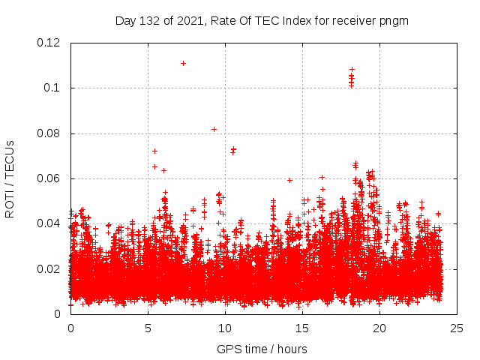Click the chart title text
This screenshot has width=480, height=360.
tap(262, 20)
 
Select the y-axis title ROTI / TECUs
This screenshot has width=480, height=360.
tap(10, 178)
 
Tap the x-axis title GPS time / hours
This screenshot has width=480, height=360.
tap(262, 349)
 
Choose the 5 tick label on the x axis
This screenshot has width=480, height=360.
tap(148, 328)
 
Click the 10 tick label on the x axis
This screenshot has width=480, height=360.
tap(225, 328)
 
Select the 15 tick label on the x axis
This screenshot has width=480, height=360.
tap(302, 328)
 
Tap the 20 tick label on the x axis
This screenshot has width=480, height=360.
tap(380, 328)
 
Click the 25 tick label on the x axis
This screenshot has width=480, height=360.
tap(457, 328)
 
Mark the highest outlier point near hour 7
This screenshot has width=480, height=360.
tap(183, 63)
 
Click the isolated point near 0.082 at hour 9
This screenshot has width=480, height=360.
tap(214, 129)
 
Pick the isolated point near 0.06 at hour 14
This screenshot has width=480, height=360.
tap(289, 180)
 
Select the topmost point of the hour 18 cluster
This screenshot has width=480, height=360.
tap(352, 70)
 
